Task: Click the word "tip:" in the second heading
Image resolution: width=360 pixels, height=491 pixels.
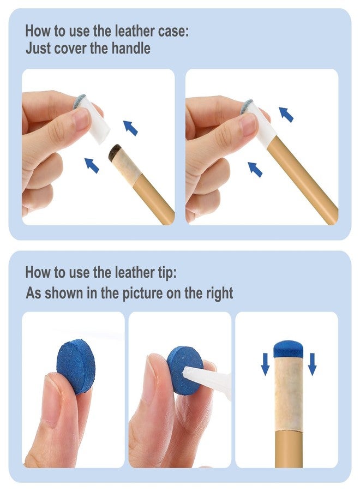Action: click(166, 272)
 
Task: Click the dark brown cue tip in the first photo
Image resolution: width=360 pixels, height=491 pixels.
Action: click(115, 152)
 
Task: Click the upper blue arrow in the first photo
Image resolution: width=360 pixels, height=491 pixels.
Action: click(130, 128)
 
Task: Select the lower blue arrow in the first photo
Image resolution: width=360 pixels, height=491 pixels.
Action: click(92, 165)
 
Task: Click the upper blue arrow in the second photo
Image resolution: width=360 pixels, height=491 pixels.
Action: click(286, 115)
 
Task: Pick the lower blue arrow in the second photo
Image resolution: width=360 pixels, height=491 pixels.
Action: click(255, 169)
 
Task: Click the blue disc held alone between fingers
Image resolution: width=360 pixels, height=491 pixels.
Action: click(76, 366)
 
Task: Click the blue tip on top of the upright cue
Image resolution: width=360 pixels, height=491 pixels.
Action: click(289, 349)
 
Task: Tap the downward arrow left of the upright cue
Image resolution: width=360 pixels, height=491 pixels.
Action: click(266, 364)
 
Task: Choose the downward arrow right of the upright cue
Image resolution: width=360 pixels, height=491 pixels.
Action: click(312, 364)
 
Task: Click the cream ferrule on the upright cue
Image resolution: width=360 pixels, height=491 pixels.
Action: click(289, 394)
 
